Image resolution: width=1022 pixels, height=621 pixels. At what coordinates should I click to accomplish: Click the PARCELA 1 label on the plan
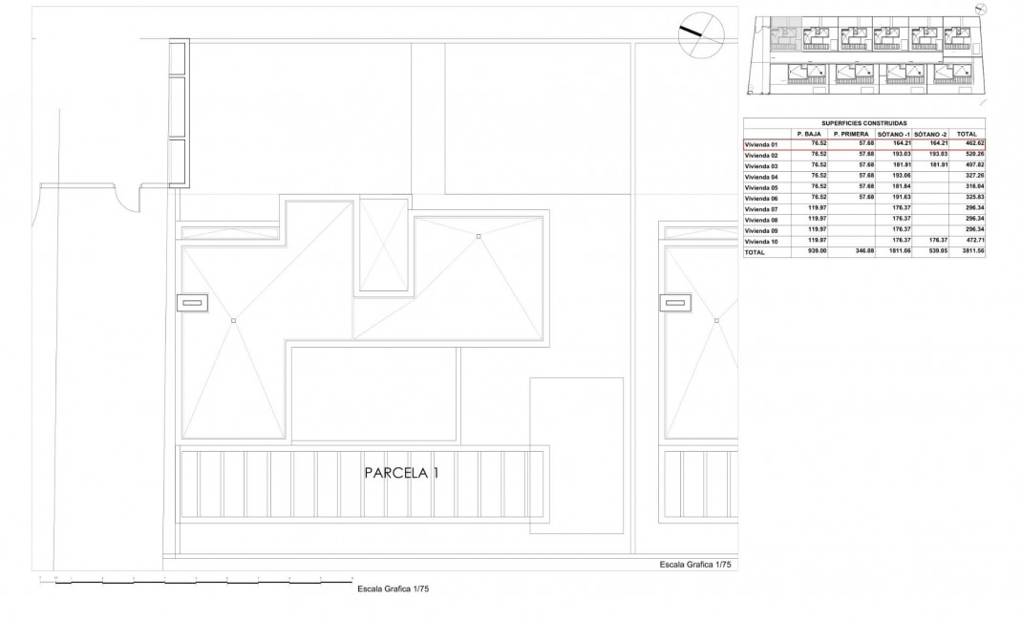401,473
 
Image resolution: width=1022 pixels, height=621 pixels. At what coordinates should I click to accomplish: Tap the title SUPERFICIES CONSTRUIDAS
863,123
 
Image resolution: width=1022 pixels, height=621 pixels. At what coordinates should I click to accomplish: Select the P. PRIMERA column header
850,134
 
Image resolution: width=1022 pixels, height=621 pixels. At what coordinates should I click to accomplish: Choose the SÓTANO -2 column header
929,134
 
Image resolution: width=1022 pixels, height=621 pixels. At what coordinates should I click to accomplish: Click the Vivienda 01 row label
762,144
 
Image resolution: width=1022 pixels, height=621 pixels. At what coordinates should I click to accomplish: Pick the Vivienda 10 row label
762,242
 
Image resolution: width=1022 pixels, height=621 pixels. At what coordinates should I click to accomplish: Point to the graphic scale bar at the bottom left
191,580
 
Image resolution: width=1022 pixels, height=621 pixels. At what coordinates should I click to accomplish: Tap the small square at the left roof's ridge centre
233,320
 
